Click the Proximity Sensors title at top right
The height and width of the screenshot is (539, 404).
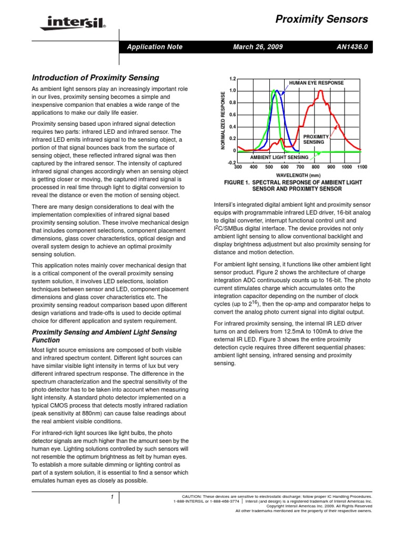[321, 19]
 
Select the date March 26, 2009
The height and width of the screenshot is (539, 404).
[258, 47]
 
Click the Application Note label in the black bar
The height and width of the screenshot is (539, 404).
[155, 47]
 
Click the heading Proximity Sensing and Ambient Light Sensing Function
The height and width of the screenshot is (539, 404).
[104, 336]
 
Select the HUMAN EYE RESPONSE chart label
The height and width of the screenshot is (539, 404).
[316, 83]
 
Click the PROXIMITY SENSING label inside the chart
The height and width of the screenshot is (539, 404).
[314, 139]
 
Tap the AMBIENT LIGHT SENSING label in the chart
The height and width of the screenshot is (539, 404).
[279, 157]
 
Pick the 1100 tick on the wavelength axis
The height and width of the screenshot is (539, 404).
[361, 167]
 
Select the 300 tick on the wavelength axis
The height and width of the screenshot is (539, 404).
[237, 167]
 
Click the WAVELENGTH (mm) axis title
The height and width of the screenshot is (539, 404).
[298, 175]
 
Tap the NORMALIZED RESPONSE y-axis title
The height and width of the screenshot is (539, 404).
[223, 121]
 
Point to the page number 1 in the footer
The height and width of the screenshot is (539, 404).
[112, 497]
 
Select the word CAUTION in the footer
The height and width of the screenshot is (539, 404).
[191, 496]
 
